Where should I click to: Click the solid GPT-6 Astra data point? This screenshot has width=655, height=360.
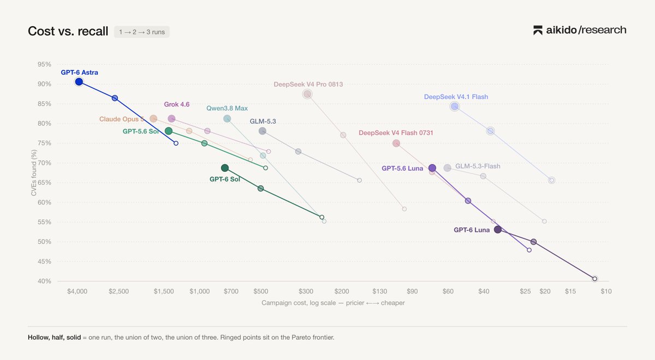point(79,82)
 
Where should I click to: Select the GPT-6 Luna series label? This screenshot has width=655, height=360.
point(472,230)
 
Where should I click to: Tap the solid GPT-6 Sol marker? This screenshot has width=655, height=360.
point(225,168)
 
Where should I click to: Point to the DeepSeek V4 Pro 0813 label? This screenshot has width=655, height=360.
point(308,85)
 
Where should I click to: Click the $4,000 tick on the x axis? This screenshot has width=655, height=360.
point(77,291)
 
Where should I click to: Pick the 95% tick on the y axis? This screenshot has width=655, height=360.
point(44,64)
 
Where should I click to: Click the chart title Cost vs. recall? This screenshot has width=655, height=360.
point(68,31)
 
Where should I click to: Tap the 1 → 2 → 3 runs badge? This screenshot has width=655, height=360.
point(142,32)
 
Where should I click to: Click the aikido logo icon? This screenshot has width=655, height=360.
point(538,31)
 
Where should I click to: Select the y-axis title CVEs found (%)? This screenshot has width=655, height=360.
point(34,173)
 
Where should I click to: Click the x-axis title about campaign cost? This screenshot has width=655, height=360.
point(333,303)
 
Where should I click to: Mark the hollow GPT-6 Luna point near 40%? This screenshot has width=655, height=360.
point(595,279)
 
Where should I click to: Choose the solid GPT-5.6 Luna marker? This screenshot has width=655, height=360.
point(432,168)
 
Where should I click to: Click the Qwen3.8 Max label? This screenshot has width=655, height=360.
point(227,109)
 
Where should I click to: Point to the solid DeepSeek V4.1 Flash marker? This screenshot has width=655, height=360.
point(454,106)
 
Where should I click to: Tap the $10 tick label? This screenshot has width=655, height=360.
point(606,291)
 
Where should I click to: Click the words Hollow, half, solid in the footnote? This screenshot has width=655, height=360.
point(55,338)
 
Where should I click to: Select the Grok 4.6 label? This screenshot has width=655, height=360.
point(177,104)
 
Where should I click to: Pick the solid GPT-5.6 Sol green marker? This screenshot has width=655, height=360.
point(169,131)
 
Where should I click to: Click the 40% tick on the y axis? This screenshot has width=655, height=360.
point(44,281)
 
